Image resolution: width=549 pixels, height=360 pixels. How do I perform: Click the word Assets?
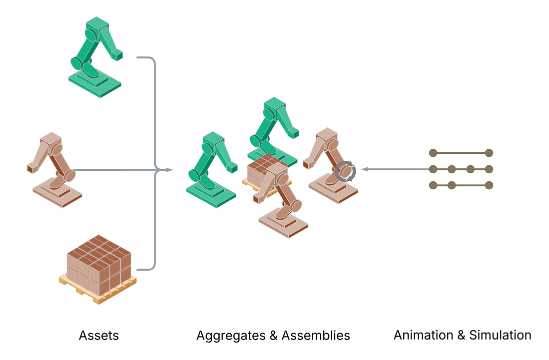pyautogui.click(x=99, y=336)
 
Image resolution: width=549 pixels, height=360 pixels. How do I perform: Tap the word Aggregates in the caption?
pyautogui.click(x=230, y=336)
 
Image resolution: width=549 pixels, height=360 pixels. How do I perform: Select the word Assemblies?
pyautogui.click(x=316, y=336)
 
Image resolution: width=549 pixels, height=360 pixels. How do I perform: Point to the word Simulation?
pyautogui.click(x=501, y=335)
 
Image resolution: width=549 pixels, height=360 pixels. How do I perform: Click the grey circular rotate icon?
pyautogui.click(x=346, y=171)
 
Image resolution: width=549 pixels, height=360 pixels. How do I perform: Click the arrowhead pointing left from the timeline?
pyautogui.click(x=365, y=169)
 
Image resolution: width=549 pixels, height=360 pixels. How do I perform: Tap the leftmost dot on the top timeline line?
pyautogui.click(x=433, y=153)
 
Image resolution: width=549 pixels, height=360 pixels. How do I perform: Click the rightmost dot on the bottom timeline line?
pyautogui.click(x=489, y=185)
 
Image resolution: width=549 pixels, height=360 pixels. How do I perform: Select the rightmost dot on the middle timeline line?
pyautogui.click(x=489, y=169)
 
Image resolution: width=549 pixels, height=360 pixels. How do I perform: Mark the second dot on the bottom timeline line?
pyautogui.click(x=452, y=185)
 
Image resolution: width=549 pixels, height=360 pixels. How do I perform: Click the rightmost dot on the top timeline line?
pyautogui.click(x=489, y=153)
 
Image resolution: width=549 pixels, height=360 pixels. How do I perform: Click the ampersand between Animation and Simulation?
pyautogui.click(x=460, y=335)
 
